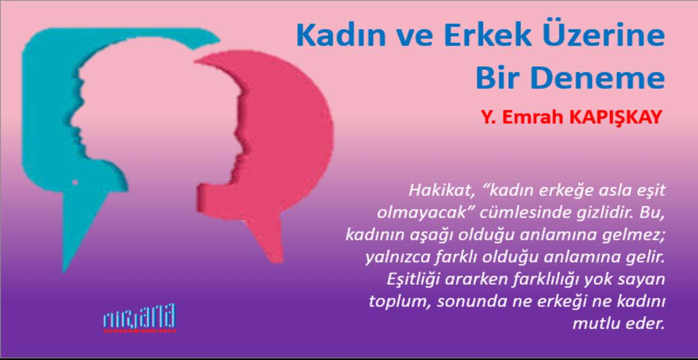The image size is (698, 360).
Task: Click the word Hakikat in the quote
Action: pyautogui.click(x=442, y=191)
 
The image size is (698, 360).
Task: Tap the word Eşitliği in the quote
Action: pyautogui.click(x=414, y=280)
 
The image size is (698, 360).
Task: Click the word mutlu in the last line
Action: pyautogui.click(x=593, y=324)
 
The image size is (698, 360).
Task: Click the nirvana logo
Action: pyautogui.click(x=139, y=318)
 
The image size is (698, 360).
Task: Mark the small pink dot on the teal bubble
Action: pyautogui.click(x=75, y=182)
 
